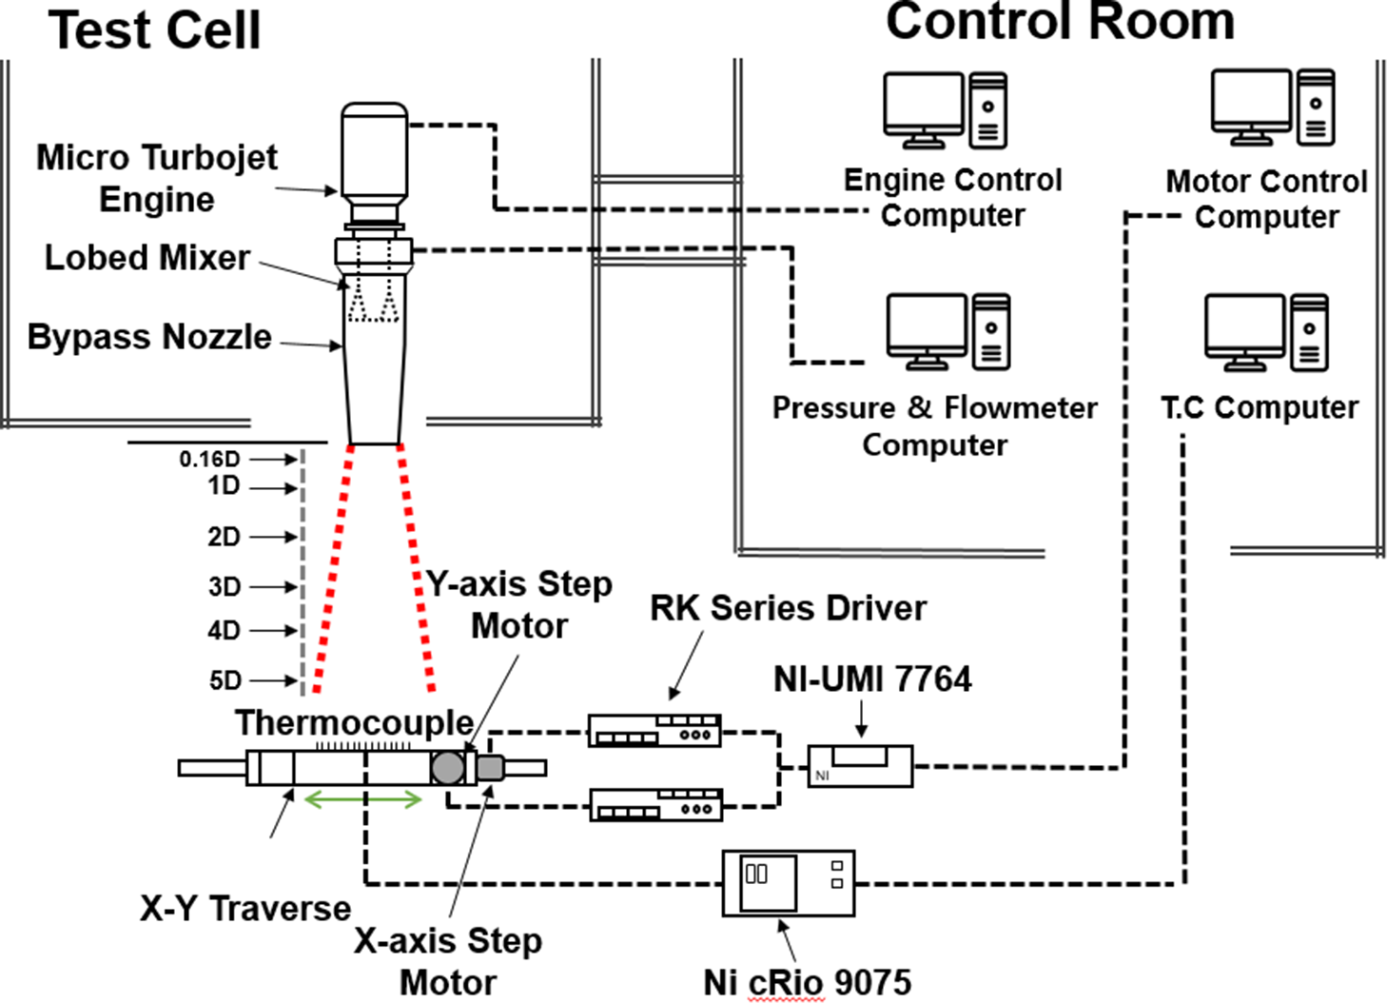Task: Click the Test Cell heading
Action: [154, 30]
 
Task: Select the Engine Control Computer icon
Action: [945, 110]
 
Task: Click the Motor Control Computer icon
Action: [1272, 108]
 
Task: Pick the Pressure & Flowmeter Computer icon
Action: [947, 332]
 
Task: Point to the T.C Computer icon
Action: [1265, 332]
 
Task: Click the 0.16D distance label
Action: [209, 459]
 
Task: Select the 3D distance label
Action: [225, 586]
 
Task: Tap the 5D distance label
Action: [225, 680]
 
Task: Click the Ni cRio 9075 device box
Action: [788, 883]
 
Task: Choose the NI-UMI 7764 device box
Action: [860, 766]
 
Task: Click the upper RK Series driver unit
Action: [654, 730]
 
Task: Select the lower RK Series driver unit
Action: [655, 805]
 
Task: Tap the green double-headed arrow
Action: [362, 800]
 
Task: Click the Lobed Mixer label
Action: [147, 258]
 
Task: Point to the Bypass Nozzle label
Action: [149, 337]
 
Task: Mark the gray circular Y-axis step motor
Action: [447, 767]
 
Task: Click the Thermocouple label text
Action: [354, 722]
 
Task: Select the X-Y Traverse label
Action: [245, 908]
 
